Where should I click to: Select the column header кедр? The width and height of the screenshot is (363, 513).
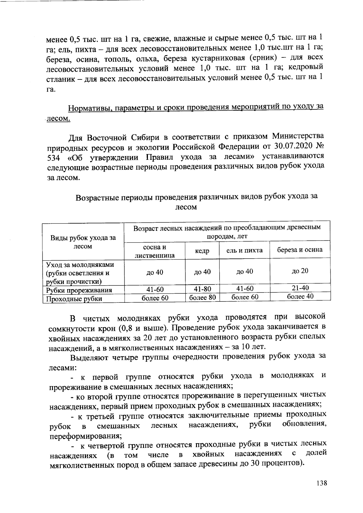pos(202,251)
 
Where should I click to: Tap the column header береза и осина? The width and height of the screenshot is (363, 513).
pos(300,250)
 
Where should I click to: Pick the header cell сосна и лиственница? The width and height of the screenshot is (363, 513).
pos(155,251)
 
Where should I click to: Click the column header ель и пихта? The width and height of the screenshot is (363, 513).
pos(244,250)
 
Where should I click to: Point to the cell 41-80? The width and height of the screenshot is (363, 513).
pos(202,289)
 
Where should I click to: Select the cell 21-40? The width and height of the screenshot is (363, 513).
pos(300,288)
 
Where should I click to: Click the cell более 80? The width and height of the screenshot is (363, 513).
pos(202,298)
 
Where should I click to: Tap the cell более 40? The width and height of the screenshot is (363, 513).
pos(300,296)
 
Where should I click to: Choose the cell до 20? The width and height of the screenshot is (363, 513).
pos(300,271)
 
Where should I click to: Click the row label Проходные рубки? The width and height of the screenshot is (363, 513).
pos(74,299)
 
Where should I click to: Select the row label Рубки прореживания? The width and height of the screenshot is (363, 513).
pos(79,290)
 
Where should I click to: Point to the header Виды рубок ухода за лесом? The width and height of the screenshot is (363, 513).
pos(83,242)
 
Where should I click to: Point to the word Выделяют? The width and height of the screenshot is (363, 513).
pos(89,357)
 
